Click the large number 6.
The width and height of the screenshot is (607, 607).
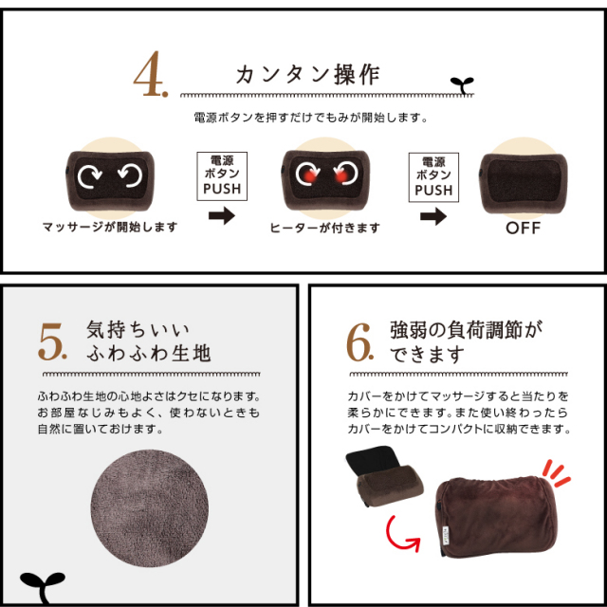click(x=360, y=344)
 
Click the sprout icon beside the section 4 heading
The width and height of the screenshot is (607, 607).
click(x=459, y=84)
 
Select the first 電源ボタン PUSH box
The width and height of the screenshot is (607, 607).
click(x=222, y=175)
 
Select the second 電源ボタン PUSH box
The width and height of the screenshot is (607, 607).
click(x=433, y=175)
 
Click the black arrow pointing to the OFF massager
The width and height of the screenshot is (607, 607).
click(x=433, y=217)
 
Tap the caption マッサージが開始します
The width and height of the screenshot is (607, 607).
click(x=109, y=228)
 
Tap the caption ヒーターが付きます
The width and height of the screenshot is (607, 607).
click(x=324, y=228)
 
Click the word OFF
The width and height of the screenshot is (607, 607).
click(x=523, y=229)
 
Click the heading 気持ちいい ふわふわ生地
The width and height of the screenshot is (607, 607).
click(x=147, y=341)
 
